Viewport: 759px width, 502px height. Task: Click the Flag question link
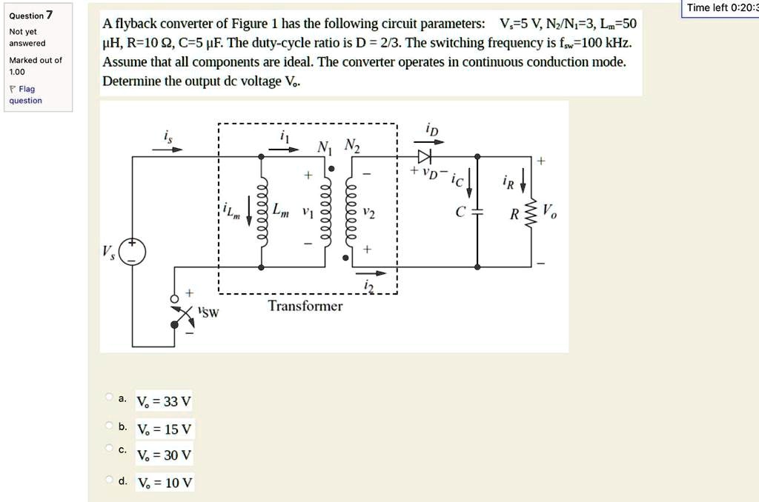click(x=25, y=95)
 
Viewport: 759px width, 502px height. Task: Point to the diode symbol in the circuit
click(x=424, y=156)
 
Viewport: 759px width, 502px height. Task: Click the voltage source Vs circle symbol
click(x=133, y=252)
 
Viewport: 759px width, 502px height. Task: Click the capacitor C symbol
click(x=477, y=212)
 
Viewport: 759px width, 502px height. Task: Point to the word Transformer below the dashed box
click(x=305, y=306)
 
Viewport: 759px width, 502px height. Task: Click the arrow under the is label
click(x=167, y=149)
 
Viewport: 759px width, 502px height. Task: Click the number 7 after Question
click(x=49, y=15)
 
